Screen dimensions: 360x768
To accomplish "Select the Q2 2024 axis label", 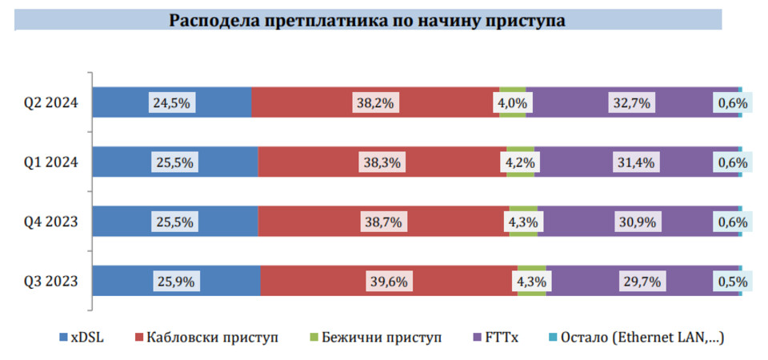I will pos(50,102).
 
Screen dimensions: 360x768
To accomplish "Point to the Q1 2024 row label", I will pos(50,162).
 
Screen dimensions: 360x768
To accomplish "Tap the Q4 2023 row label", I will pos(50,221).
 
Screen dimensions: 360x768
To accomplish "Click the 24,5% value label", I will pos(171,102).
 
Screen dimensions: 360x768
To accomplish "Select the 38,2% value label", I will pos(375,102).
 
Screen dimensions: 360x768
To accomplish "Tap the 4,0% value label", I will pos(512,102).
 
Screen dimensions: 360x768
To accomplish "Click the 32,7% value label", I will pos(632,102).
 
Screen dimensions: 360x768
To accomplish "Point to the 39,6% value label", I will pos(388,281).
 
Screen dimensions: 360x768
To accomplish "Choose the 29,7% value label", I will pos(642,281).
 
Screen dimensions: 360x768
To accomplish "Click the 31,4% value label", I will pos(636,162).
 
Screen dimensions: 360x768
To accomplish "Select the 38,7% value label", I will pos(382,222).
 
